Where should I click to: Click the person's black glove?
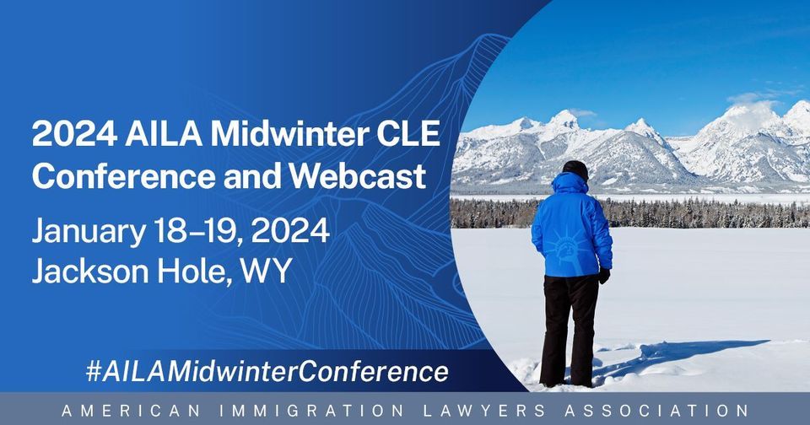[x=603, y=276]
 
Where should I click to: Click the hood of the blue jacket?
[x=570, y=184]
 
